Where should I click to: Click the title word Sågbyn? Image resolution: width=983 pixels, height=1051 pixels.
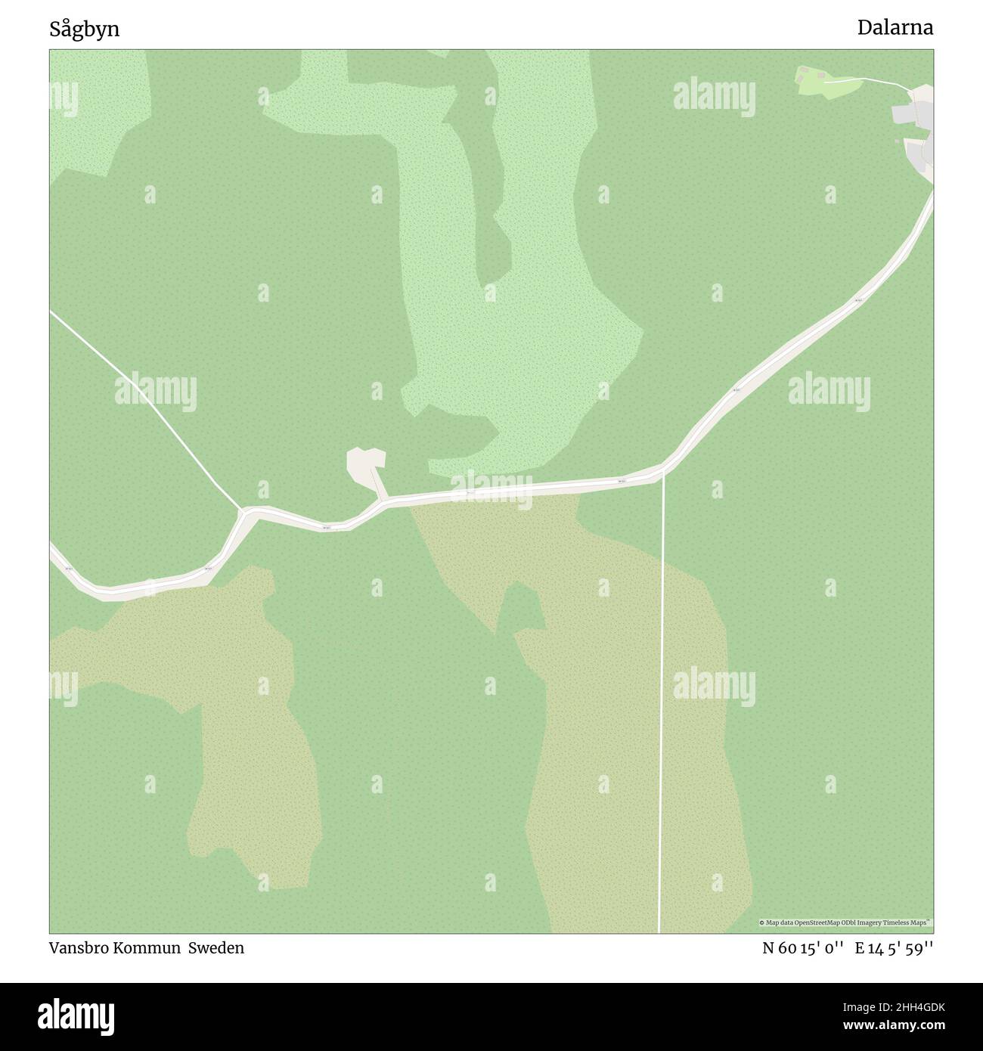point(85,29)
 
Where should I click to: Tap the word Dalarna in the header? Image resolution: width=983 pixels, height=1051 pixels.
point(895,28)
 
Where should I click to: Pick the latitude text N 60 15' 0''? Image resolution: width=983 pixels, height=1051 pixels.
point(803,948)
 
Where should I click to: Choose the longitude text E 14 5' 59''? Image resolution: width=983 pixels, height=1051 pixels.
point(894,948)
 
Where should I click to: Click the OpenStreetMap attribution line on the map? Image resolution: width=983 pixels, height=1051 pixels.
point(845,923)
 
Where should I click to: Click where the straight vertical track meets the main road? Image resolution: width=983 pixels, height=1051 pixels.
point(663,473)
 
